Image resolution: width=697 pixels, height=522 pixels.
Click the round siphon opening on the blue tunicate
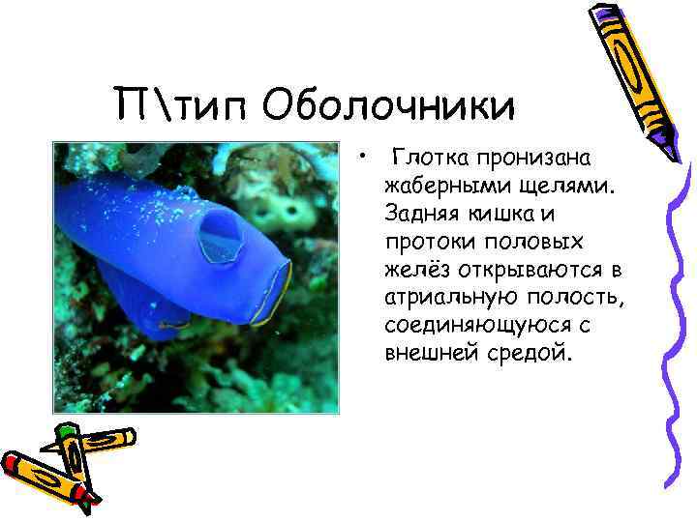click(x=220, y=234)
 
